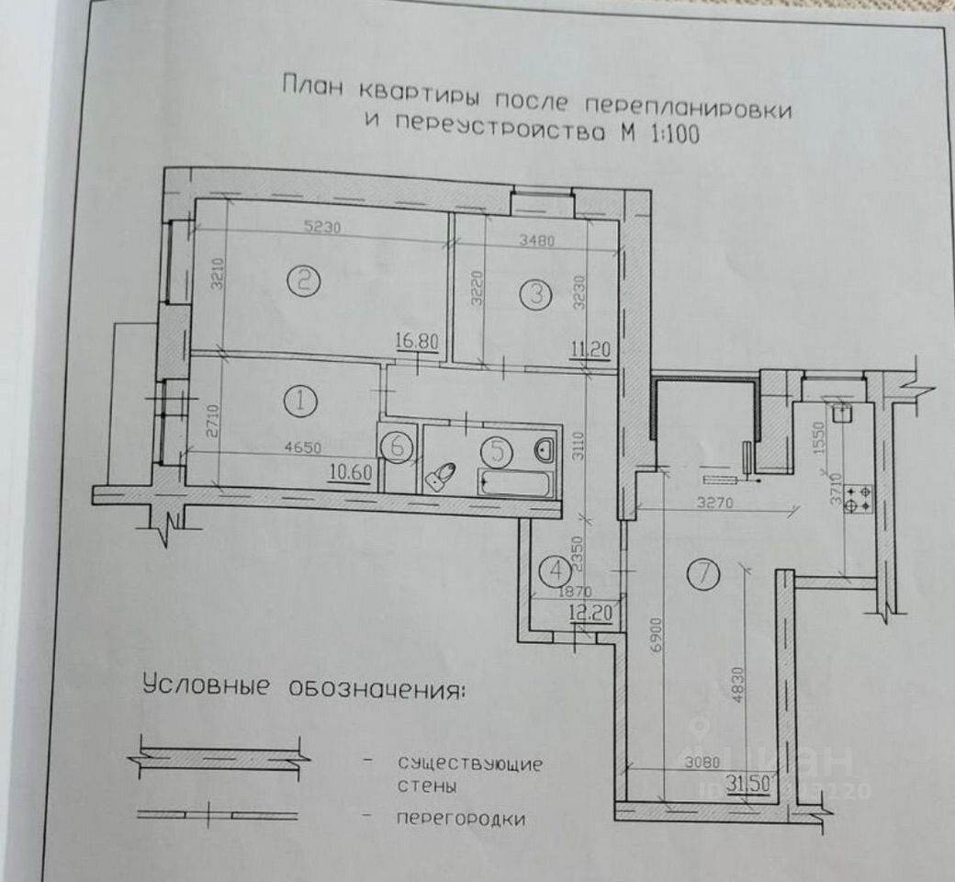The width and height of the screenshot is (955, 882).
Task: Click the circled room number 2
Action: coord(303,280)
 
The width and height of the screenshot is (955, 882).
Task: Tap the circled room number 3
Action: coord(534,294)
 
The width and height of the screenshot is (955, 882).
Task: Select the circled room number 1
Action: coord(300,401)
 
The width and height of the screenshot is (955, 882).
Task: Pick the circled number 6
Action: coord(397,447)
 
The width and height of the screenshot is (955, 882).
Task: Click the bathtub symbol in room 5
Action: coord(515,481)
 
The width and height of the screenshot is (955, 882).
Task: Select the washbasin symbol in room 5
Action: coord(544,449)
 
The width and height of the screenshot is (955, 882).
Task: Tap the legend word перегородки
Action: coord(460,819)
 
